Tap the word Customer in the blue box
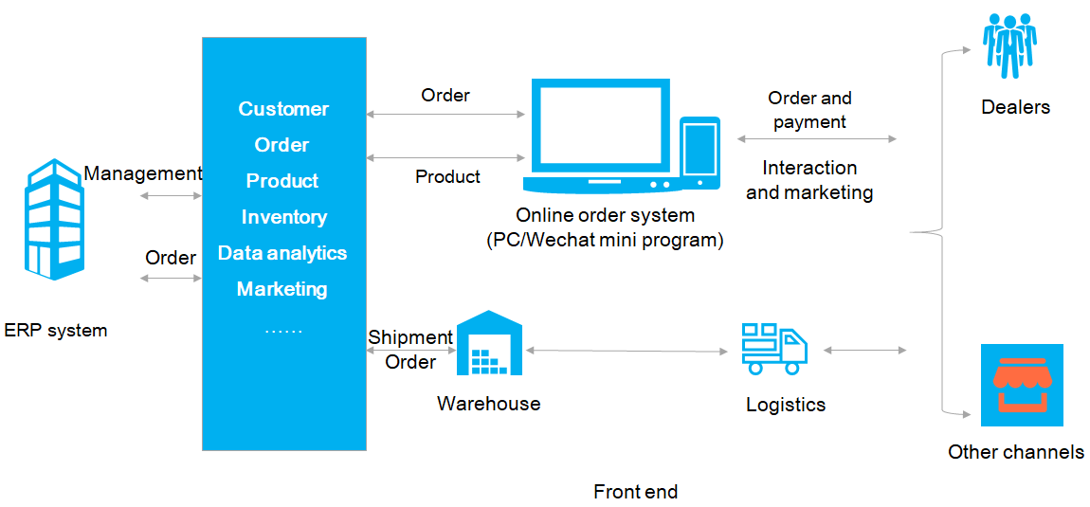283,109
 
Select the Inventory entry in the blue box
283,217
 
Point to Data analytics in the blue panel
282,253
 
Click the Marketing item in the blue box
282,289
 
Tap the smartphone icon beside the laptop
699,151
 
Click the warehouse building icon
489,346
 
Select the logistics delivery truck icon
774,348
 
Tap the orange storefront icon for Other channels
1022,385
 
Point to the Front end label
635,492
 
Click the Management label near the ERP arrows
143,173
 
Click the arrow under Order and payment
816,139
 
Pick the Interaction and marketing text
809,180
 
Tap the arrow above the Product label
445,156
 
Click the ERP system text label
56,331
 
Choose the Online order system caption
605,227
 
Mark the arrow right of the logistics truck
864,351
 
